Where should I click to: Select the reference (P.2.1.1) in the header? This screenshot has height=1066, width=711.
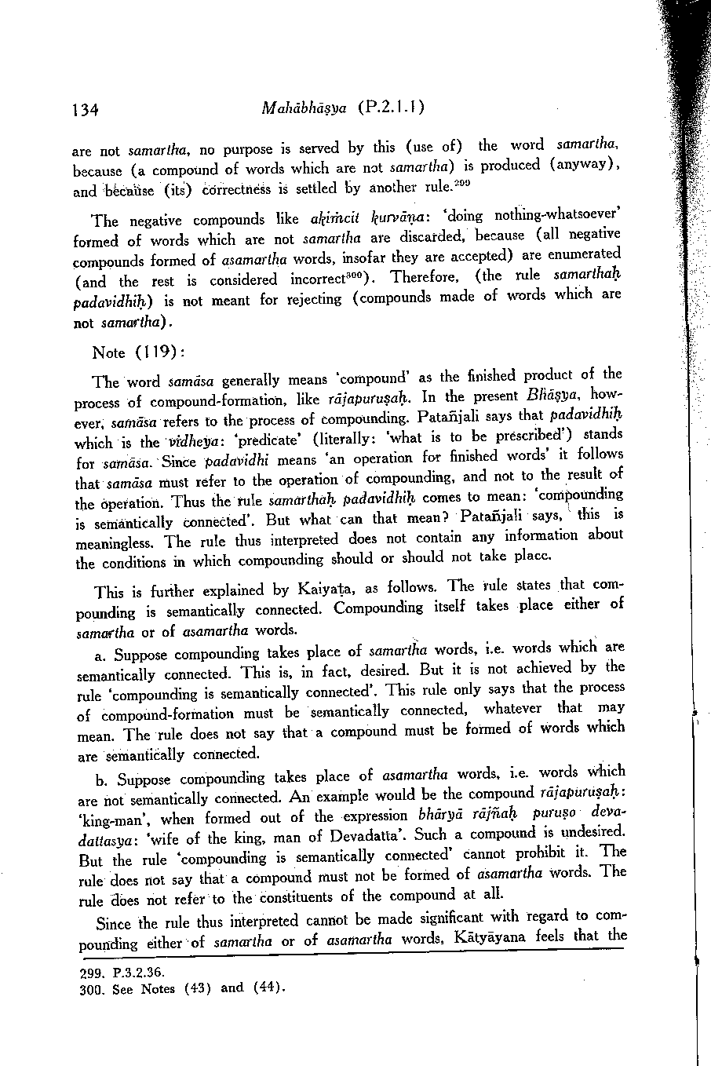[x=392, y=108]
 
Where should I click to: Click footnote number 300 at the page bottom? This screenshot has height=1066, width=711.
[x=92, y=990]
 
